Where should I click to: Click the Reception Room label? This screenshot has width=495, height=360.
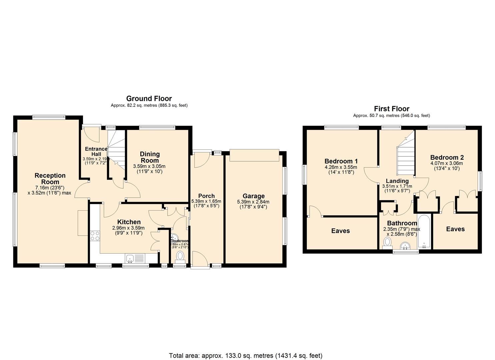[x=50, y=179]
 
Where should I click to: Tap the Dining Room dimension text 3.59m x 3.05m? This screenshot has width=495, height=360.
[x=149, y=166]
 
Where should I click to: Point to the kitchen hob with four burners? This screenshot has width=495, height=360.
[x=95, y=236]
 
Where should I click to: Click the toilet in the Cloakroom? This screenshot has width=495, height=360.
[x=180, y=256]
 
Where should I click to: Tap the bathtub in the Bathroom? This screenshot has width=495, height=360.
[x=424, y=232]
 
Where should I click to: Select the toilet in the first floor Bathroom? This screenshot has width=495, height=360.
[x=388, y=243]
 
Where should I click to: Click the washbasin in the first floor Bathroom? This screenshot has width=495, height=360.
[x=406, y=246]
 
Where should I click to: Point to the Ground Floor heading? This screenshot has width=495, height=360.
[x=149, y=99]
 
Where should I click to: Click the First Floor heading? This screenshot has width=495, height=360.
[x=391, y=109]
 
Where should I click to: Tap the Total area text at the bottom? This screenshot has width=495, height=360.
[x=246, y=356]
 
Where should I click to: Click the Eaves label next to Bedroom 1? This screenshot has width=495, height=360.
[x=340, y=231]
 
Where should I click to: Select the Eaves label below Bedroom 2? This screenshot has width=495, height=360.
[x=455, y=229]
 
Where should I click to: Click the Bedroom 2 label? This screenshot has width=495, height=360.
[x=447, y=157]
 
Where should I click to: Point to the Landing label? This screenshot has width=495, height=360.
[x=397, y=181]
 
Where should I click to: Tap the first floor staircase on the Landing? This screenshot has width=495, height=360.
[x=406, y=157]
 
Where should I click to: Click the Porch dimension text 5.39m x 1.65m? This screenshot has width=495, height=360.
[x=206, y=201]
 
